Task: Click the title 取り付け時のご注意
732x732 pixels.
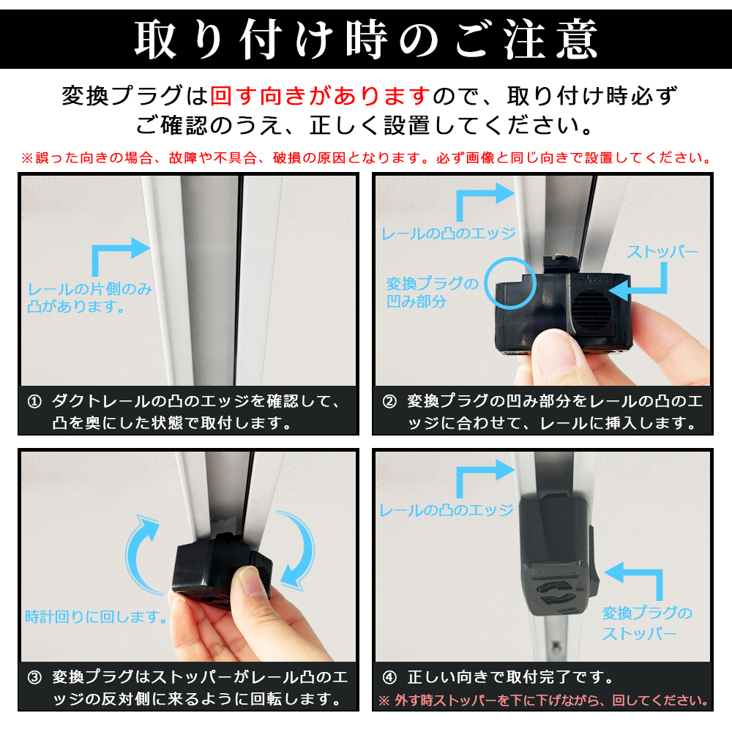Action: click(x=366, y=40)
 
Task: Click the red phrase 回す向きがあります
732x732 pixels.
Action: click(x=320, y=96)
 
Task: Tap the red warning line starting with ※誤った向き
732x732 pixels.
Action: click(x=366, y=158)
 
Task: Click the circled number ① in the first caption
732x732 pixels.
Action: click(x=34, y=401)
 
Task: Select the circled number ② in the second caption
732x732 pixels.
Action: click(x=389, y=401)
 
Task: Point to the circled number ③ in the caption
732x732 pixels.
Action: click(x=34, y=677)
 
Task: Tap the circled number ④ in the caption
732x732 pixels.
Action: click(x=389, y=677)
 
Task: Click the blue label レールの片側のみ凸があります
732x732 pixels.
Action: click(x=89, y=297)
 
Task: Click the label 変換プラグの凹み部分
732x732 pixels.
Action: click(x=433, y=292)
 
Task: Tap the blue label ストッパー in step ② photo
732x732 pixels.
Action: click(x=662, y=252)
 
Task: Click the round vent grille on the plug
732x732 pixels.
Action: click(x=591, y=310)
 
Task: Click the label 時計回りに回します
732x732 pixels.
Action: click(x=96, y=616)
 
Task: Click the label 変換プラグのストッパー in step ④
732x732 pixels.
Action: click(x=647, y=623)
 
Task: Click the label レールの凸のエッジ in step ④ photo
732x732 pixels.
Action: click(x=447, y=510)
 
